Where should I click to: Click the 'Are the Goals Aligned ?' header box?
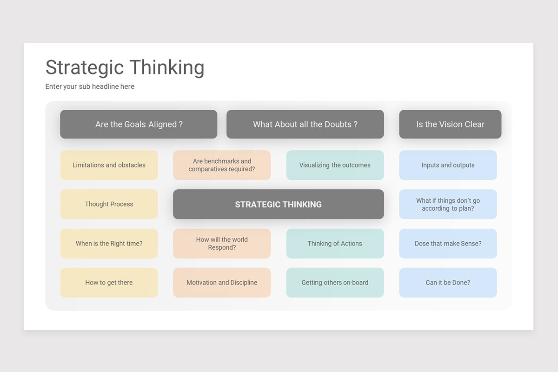[x=139, y=124]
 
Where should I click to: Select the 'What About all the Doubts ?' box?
[x=305, y=124]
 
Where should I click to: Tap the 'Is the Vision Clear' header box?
[x=450, y=124]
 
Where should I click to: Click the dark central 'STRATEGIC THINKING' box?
[x=278, y=204]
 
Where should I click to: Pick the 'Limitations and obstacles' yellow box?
[x=109, y=165]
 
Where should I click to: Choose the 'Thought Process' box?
[x=109, y=204]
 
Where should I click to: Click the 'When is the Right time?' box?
[x=109, y=243]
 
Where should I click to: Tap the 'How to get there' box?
[x=109, y=282]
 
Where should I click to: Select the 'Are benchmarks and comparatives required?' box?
[x=222, y=165]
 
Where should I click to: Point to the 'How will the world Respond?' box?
[x=222, y=243]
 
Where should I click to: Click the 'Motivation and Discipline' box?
[x=222, y=282]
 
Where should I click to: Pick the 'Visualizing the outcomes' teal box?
[x=335, y=165]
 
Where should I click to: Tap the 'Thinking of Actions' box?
[x=335, y=243]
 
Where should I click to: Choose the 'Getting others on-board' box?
[x=335, y=282]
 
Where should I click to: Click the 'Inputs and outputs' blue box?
[x=448, y=165]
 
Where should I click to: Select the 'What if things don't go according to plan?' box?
[x=448, y=204]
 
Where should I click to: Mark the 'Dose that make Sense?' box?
[x=448, y=243]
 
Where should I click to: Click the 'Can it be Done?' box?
[x=448, y=282]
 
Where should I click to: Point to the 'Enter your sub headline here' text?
[x=90, y=86]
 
